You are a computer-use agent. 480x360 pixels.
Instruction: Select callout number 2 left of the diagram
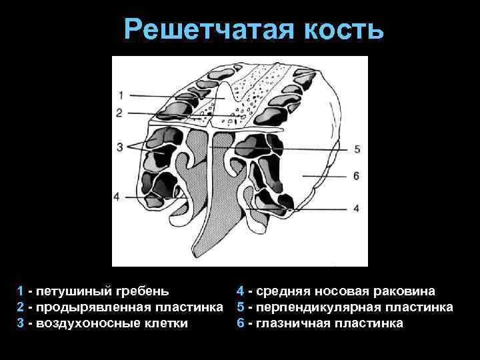pos(119,113)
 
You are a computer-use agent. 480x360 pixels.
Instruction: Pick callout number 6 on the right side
pos(356,176)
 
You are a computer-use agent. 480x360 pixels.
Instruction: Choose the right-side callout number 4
pos(356,208)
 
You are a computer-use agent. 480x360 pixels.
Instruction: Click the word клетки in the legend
pos(164,323)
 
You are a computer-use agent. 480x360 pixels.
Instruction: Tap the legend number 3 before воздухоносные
pos(21,323)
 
